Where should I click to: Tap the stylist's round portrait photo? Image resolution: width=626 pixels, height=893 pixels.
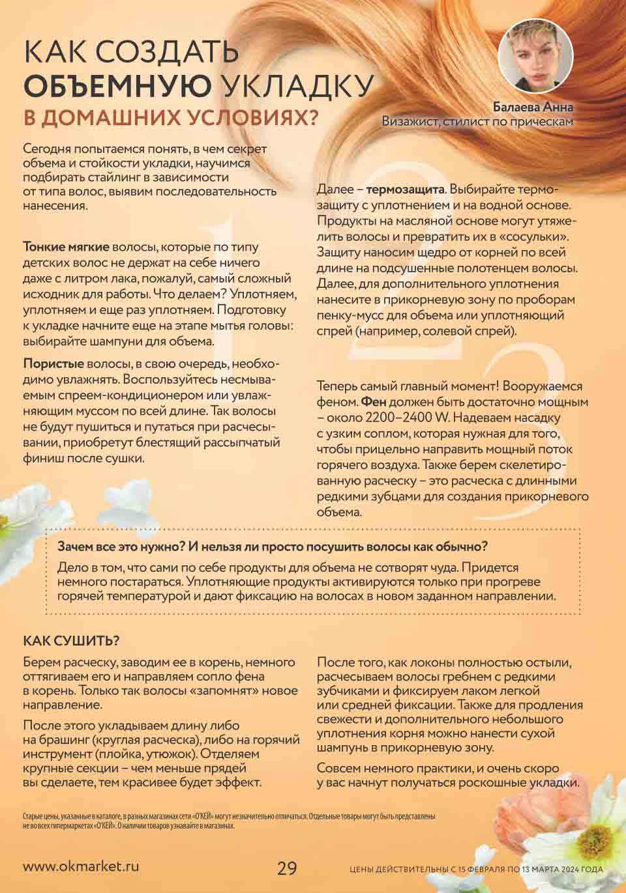pyautogui.click(x=535, y=56)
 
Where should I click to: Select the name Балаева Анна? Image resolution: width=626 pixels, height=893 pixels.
pyautogui.click(x=533, y=107)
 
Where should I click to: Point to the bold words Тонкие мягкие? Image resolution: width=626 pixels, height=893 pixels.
pyautogui.click(x=67, y=248)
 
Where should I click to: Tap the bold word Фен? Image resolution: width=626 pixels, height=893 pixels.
pyautogui.click(x=373, y=402)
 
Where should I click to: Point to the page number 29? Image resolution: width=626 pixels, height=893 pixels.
pyautogui.click(x=287, y=868)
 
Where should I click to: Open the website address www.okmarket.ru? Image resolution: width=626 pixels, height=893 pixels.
pyautogui.click(x=81, y=867)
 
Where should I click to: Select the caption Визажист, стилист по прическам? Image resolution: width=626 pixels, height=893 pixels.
pyautogui.click(x=477, y=121)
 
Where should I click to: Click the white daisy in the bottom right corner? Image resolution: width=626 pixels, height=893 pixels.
pyautogui.click(x=597, y=827)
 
